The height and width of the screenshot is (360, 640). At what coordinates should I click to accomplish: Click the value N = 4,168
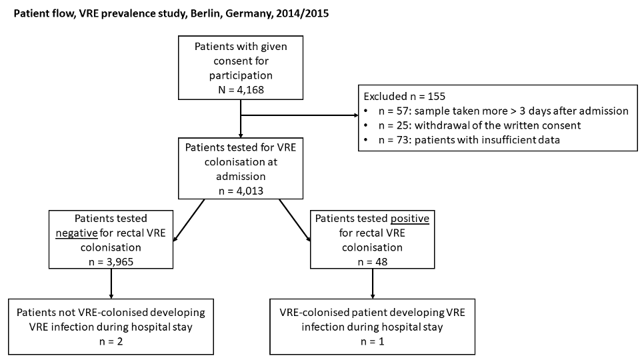241,90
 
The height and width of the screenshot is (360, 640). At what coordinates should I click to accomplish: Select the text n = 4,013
241,191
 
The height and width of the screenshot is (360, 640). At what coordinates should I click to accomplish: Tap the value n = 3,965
111,261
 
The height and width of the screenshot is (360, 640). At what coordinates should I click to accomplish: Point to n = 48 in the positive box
372,261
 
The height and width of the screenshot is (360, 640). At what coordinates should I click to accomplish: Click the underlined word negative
76,233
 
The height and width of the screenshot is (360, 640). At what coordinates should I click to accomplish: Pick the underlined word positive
410,219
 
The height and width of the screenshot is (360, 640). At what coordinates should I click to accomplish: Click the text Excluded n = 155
405,96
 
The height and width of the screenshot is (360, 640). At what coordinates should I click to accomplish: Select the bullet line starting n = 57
503,111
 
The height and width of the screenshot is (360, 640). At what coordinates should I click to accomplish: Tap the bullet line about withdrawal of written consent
479,125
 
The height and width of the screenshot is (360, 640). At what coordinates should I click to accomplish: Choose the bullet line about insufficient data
469,140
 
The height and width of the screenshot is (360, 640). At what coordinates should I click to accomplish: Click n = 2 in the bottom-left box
111,341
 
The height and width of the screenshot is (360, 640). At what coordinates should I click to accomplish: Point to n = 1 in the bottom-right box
372,341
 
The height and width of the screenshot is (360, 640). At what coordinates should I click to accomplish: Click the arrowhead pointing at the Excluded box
356,115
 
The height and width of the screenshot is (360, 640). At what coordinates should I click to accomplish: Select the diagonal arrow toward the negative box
189,221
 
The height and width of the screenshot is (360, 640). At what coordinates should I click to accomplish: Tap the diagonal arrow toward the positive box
295,221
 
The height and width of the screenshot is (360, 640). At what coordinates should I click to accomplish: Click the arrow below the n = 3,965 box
111,284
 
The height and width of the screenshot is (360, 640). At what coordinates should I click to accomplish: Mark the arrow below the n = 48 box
372,284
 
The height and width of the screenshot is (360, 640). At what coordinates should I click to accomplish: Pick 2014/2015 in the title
302,13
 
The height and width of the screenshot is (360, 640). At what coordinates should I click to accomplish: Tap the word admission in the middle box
241,176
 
